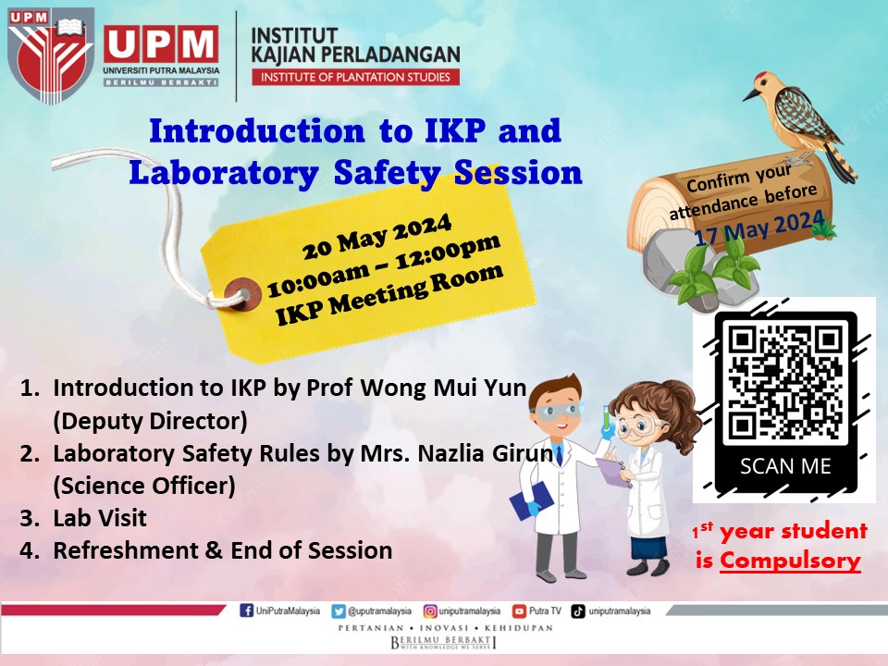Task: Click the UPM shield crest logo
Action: [x=50, y=55]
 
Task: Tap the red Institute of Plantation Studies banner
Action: [x=355, y=77]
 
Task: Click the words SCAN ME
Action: [x=785, y=466]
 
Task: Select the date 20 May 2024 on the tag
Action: [x=376, y=236]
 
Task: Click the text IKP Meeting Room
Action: [x=389, y=294]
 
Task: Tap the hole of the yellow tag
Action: [x=243, y=294]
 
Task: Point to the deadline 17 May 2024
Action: [x=759, y=228]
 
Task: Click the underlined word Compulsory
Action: [x=790, y=561]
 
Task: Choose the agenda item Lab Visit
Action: [x=100, y=518]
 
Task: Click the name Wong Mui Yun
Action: [x=443, y=388]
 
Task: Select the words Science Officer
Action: [x=144, y=486]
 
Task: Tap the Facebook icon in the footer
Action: [x=246, y=610]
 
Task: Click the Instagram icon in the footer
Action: [x=430, y=611]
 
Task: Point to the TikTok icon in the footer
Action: [x=577, y=611]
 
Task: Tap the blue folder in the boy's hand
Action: [x=531, y=500]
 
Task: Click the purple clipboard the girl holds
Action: [x=612, y=472]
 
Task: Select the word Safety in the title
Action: [x=388, y=173]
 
